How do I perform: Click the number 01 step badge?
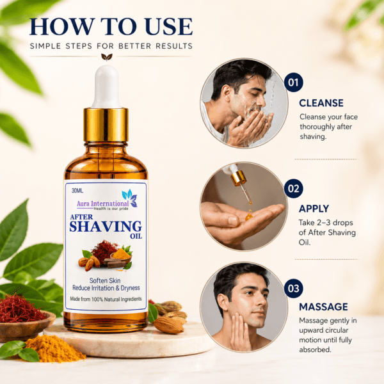point(293,83)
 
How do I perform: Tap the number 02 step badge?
point(293,188)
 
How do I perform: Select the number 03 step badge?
point(293,288)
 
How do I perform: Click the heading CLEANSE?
point(321,103)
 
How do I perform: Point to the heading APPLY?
point(314,209)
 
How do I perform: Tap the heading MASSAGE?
point(323,307)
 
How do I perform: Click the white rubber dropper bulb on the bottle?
point(106,86)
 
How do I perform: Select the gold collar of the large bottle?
point(106,125)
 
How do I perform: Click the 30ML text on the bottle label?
point(77,190)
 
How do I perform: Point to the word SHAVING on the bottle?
point(106,227)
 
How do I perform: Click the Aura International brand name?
point(102,204)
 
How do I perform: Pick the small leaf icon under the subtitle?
point(107,57)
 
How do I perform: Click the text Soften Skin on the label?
point(105,280)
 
